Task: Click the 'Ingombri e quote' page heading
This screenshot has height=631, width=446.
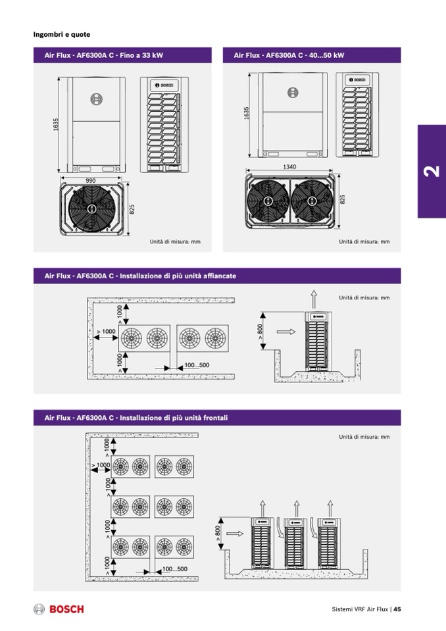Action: (x=62, y=34)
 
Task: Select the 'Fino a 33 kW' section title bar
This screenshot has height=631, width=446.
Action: (x=122, y=55)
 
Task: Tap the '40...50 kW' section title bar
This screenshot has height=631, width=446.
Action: (x=312, y=55)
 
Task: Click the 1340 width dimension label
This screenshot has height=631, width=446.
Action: (x=289, y=167)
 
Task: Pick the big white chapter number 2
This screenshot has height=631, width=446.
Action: (x=432, y=172)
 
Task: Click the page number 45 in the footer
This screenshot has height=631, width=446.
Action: (x=397, y=609)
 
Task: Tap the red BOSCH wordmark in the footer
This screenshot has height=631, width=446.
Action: (x=66, y=609)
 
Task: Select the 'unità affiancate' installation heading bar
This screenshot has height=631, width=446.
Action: (x=217, y=276)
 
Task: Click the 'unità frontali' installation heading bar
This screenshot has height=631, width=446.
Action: (x=217, y=418)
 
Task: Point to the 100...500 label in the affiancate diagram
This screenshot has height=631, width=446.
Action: (x=196, y=365)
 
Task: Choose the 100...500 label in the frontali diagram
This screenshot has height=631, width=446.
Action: (x=174, y=569)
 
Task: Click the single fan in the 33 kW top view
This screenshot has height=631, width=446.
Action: (x=91, y=209)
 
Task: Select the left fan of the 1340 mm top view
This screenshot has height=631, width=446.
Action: (x=268, y=201)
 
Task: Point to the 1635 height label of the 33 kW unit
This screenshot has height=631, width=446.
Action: (x=57, y=124)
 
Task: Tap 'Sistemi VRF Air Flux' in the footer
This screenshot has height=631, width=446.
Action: (x=360, y=609)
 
